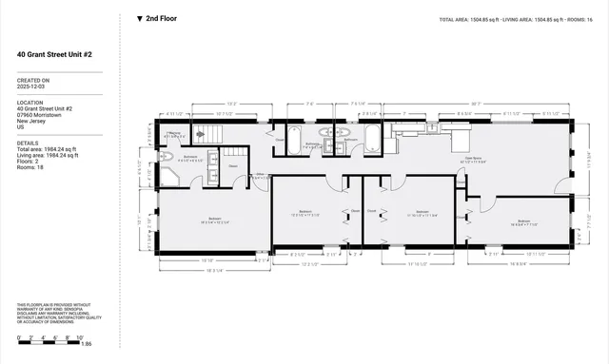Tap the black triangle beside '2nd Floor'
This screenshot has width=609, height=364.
click(140, 18)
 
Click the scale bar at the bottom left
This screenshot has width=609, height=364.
click(51, 343)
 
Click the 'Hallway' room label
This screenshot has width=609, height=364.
click(173, 136)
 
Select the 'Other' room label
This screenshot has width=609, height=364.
click(259, 175)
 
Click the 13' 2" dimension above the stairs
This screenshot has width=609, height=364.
click(231, 103)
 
